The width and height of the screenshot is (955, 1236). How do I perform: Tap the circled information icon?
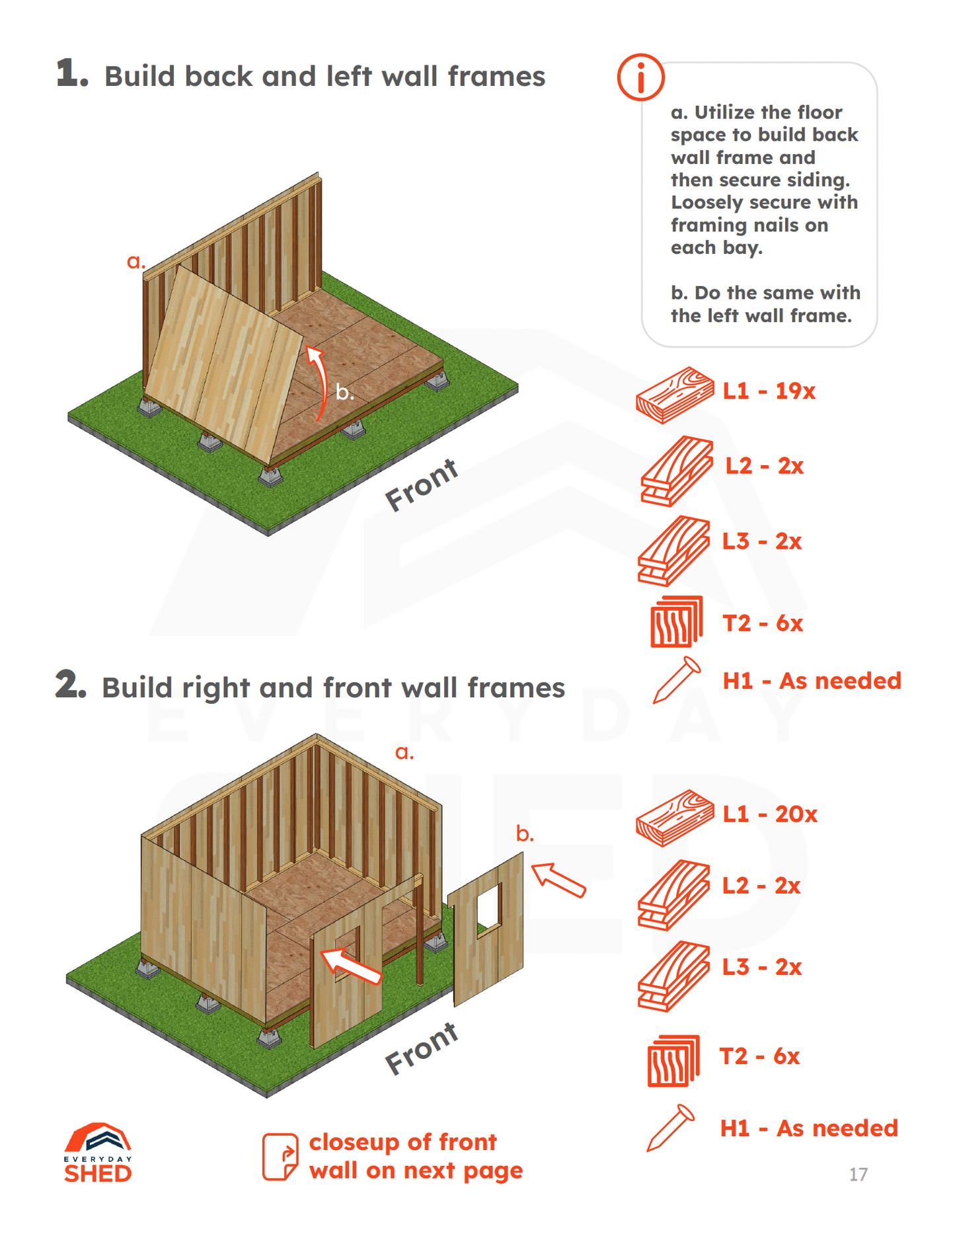click(x=640, y=77)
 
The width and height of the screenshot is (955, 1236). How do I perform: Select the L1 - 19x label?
click(x=769, y=391)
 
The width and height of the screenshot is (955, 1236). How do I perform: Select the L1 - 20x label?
click(x=769, y=814)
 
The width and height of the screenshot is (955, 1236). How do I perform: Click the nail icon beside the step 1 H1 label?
click(x=676, y=679)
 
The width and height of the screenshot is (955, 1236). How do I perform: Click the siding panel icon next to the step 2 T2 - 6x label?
click(x=673, y=1060)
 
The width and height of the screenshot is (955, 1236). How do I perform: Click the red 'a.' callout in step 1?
click(x=135, y=262)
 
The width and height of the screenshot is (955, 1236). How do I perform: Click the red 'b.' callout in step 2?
click(x=525, y=835)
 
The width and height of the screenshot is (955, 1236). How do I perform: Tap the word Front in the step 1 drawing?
click(x=422, y=485)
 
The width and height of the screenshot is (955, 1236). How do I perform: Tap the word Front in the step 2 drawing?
click(x=422, y=1048)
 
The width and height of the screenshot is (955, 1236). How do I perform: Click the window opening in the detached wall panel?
click(x=488, y=908)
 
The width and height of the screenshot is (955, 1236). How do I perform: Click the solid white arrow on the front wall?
click(x=351, y=966)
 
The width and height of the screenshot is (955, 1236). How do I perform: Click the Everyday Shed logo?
click(x=98, y=1153)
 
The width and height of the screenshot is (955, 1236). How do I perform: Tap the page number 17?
click(x=858, y=1175)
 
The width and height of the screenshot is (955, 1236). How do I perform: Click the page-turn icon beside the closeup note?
click(x=280, y=1157)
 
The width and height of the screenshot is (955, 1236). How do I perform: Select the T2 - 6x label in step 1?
click(x=763, y=623)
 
